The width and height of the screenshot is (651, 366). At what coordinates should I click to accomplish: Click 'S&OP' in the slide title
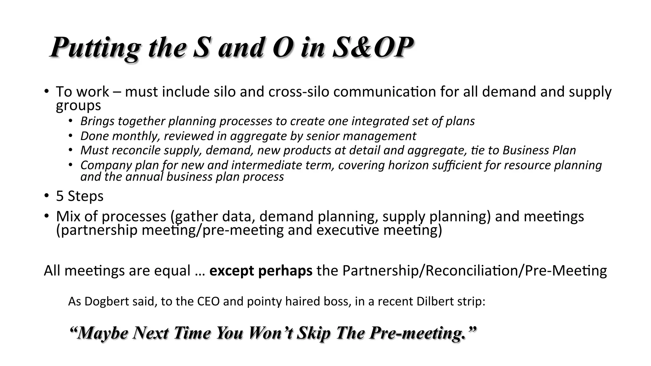pos(373,48)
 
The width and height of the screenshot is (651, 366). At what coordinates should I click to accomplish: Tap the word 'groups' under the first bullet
pos(78,106)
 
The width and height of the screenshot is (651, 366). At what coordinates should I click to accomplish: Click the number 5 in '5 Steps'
pos(60,196)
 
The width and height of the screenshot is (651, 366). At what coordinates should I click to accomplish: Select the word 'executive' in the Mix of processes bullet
pos(348,230)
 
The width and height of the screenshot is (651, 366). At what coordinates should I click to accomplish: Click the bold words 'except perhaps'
pos(261,271)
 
